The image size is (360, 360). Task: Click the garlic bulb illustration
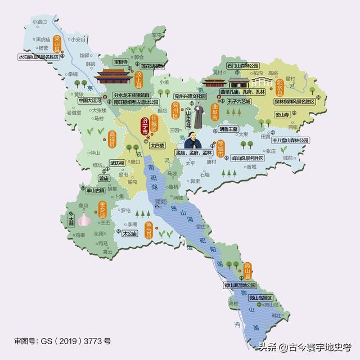(84, 219)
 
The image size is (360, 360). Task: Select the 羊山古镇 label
(80, 190)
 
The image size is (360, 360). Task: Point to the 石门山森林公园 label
(242, 65)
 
